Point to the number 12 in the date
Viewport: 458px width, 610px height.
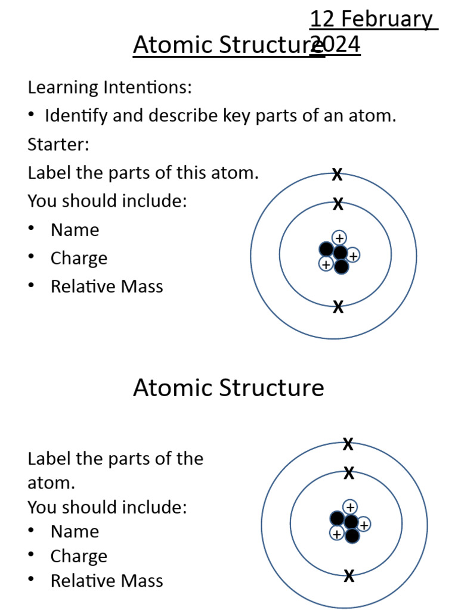coord(321,20)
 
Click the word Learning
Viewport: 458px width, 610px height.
coord(63,88)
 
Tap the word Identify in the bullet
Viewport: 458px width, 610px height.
coord(76,116)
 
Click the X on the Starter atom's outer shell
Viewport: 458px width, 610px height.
coord(337,175)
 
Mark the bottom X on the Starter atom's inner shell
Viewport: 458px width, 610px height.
coord(338,307)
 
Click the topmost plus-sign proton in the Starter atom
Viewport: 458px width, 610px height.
coord(339,238)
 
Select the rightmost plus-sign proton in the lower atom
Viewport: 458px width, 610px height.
coord(364,524)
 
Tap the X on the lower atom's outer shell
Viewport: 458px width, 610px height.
coord(348,444)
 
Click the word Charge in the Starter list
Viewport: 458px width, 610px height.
coord(79,259)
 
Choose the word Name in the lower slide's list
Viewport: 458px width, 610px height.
coord(75,531)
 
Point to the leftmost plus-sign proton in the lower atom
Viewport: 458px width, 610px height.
coord(337,534)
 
